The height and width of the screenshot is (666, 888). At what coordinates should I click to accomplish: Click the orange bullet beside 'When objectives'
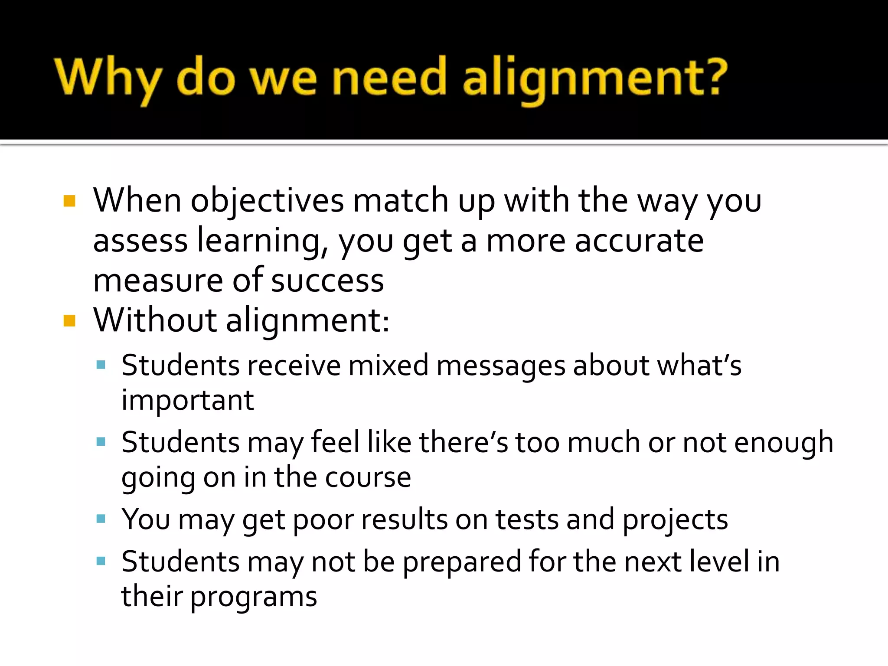tap(69, 201)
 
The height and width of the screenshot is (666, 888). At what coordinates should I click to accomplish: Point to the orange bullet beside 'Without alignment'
tap(69, 321)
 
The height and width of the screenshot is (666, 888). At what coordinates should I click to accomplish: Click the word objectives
tap(267, 201)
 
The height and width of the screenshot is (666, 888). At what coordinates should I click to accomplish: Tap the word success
tap(328, 281)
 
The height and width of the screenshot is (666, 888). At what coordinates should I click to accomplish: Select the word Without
tap(155, 320)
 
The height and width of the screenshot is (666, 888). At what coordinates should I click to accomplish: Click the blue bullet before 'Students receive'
tap(101, 365)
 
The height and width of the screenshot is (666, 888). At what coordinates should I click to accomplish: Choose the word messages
tap(501, 366)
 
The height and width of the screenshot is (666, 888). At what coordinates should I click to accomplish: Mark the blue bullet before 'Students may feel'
tap(101, 442)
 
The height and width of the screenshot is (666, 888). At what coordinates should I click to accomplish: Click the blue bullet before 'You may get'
tap(101, 519)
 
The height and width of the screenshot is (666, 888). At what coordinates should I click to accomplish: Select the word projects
tap(675, 520)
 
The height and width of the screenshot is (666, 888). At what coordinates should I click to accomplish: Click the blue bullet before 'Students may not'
tap(101, 562)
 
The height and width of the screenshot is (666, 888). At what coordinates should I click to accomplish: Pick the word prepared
tap(462, 562)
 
